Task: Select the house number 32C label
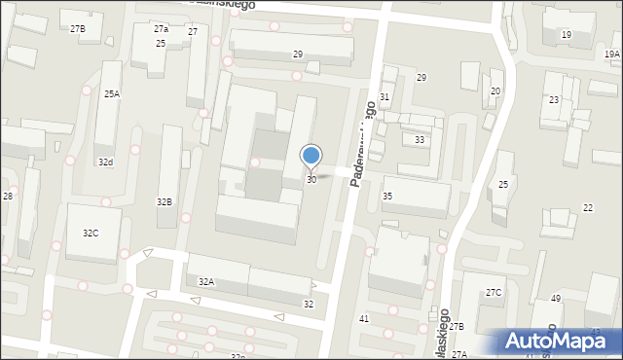coord(91,234)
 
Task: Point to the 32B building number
coord(165,201)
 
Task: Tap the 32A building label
coord(206,281)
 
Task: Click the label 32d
coord(105,162)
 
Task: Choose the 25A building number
coord(112,94)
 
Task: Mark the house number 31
coord(385,97)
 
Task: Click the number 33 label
coord(420,140)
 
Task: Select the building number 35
coord(387,197)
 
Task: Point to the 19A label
coord(611,56)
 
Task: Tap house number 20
coord(495,91)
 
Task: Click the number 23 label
coord(554,100)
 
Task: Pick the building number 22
coord(588,208)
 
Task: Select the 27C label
coord(495,293)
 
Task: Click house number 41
coord(364,319)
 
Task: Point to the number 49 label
coord(556,298)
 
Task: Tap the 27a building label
coord(161,29)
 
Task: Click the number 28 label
coord(7,197)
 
